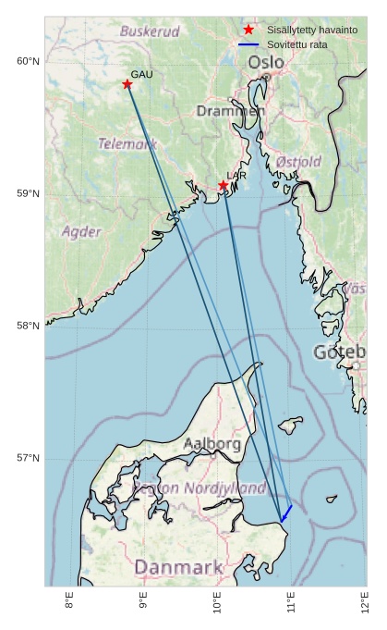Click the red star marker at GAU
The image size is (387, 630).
pos(127,84)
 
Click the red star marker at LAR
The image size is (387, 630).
pos(224,185)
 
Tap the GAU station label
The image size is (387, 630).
pos(141,74)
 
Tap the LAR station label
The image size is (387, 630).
pos(236,175)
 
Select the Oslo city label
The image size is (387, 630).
pos(266,62)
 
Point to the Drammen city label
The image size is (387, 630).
pos(230,111)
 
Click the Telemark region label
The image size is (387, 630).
pos(127,144)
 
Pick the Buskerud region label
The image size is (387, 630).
pos(150,31)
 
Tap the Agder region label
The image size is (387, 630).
pos(81,231)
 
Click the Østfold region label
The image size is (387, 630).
pos(298,162)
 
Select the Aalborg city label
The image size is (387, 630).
pos(212,444)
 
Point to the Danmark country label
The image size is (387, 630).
pos(178,567)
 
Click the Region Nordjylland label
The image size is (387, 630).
pos(200,488)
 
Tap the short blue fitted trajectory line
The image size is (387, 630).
pos(286,512)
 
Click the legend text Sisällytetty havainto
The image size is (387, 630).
pos(311,30)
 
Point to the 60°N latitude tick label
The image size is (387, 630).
pos(28,62)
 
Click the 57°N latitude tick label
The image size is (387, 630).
pos(28,459)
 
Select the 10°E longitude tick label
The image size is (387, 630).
pos(218,602)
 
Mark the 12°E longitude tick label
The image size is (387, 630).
pos(364,602)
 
